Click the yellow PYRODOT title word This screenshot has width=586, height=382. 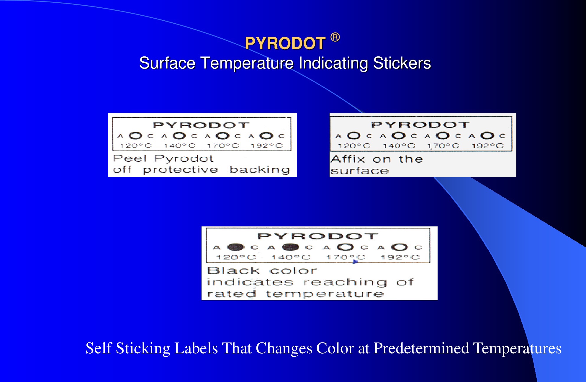pyautogui.click(x=285, y=43)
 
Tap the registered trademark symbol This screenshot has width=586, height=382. pyautogui.click(x=335, y=37)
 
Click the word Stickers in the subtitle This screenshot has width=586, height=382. pyautogui.click(x=402, y=63)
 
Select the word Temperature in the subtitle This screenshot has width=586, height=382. pyautogui.click(x=247, y=63)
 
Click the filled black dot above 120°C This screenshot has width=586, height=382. pyautogui.click(x=235, y=247)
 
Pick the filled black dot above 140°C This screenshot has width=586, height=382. pyautogui.click(x=290, y=247)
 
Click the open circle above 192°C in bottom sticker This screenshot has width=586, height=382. pyautogui.click(x=400, y=247)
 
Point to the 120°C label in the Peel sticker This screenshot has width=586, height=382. pyautogui.click(x=136, y=146)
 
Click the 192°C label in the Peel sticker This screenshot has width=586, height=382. pyautogui.click(x=267, y=146)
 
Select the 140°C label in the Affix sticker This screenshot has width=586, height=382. pyautogui.click(x=399, y=146)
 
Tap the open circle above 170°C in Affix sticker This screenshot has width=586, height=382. pyautogui.click(x=443, y=136)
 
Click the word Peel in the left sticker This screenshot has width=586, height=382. pyautogui.click(x=130, y=159)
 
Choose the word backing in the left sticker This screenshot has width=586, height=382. pyautogui.click(x=260, y=170)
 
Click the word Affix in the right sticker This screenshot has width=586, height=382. pyautogui.click(x=348, y=159)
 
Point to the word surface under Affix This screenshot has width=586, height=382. pyautogui.click(x=360, y=171)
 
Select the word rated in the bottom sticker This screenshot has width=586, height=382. pyautogui.click(x=232, y=294)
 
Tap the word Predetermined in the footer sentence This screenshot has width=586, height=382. pyautogui.click(x=421, y=348)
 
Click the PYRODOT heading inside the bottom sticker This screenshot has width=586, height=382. pyautogui.click(x=318, y=236)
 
